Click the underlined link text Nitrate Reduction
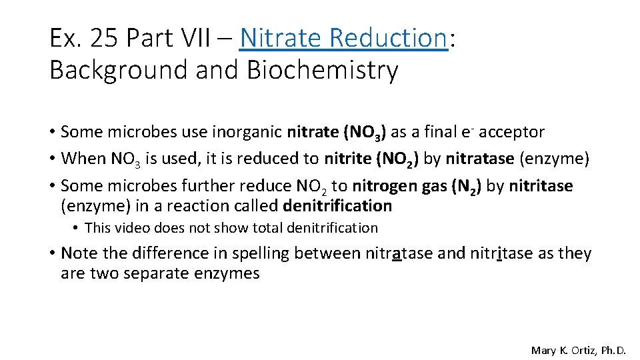click(343, 38)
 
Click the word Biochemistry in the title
click(322, 70)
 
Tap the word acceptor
click(507, 132)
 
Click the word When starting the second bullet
click(81, 159)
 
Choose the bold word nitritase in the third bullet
click(541, 186)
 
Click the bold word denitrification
click(337, 206)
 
